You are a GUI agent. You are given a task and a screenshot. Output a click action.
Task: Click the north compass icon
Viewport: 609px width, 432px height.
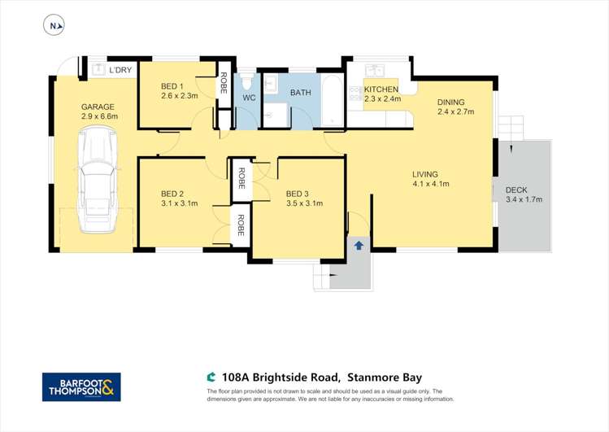coord(54,26)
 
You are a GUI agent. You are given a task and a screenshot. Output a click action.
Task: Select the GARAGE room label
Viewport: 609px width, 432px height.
coord(98,107)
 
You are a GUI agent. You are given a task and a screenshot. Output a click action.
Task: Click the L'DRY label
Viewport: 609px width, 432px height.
coord(120,71)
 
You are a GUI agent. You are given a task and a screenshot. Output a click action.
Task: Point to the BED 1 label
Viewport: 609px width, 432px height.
coord(172,86)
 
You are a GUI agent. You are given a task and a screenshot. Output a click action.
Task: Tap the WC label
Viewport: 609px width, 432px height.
coord(249,99)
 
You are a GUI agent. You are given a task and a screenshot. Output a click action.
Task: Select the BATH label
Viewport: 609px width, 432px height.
coord(301,93)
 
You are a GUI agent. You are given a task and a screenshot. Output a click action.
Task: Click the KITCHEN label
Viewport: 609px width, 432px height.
coord(381,89)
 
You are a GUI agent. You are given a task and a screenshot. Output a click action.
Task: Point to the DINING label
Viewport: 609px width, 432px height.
coord(451,102)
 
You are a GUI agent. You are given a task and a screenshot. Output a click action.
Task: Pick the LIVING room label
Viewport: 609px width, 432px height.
coord(425,174)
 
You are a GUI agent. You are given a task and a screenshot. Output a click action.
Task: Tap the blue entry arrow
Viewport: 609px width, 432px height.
coord(359,245)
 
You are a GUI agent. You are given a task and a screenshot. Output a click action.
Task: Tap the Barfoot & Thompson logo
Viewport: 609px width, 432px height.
coord(81,386)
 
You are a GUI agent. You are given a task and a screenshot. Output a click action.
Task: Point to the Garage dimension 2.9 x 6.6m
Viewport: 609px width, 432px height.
coord(100,116)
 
